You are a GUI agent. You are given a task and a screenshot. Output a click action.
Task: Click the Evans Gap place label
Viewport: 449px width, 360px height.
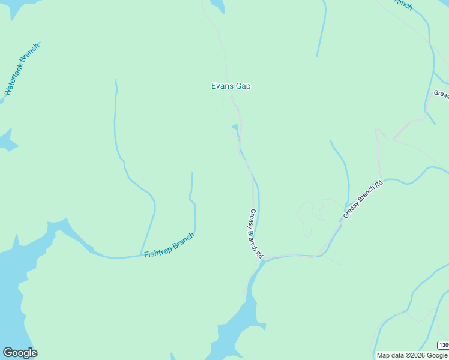point(231,86)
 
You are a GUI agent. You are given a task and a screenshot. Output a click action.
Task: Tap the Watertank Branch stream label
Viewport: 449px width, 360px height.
point(22,70)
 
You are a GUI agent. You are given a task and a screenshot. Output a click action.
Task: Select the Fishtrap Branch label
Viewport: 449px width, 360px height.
point(169,245)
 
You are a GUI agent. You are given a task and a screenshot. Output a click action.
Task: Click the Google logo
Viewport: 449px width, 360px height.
point(20,353)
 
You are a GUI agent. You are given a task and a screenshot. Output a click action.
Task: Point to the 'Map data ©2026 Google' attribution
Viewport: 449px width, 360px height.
point(412,355)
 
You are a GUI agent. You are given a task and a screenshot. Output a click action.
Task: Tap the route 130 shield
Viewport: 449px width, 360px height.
point(443,345)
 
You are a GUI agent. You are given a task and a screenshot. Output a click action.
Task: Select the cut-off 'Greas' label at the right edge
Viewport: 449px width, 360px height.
point(441,94)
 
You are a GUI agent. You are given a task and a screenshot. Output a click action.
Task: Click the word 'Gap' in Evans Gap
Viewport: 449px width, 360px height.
point(243,86)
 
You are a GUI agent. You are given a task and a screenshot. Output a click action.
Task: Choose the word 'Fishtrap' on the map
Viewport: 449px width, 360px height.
point(157,250)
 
